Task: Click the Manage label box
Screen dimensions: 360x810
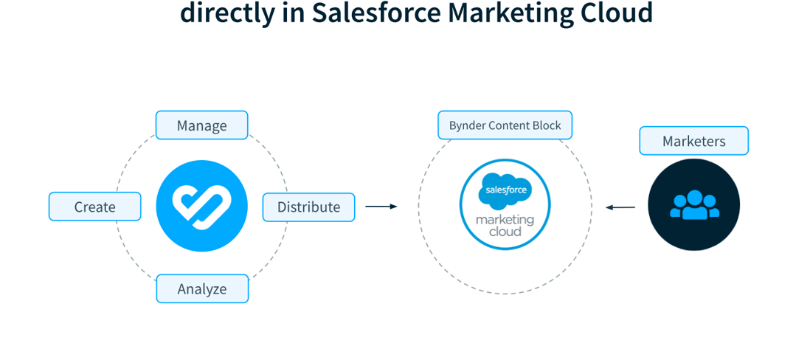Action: click(201, 125)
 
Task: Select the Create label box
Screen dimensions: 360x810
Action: click(94, 207)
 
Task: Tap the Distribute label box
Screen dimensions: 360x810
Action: click(308, 207)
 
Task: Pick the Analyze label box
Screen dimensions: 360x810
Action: click(201, 288)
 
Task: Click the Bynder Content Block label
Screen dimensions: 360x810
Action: click(505, 125)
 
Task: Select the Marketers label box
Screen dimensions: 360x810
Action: click(693, 141)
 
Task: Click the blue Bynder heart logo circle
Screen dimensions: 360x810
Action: click(201, 206)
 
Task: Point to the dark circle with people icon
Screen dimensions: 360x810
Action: click(693, 205)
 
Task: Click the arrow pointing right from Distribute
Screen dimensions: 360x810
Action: click(381, 207)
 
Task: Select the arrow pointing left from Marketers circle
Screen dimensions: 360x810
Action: click(620, 207)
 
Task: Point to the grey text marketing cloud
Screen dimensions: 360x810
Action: click(505, 226)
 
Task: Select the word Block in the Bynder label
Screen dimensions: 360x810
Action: click(546, 125)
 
